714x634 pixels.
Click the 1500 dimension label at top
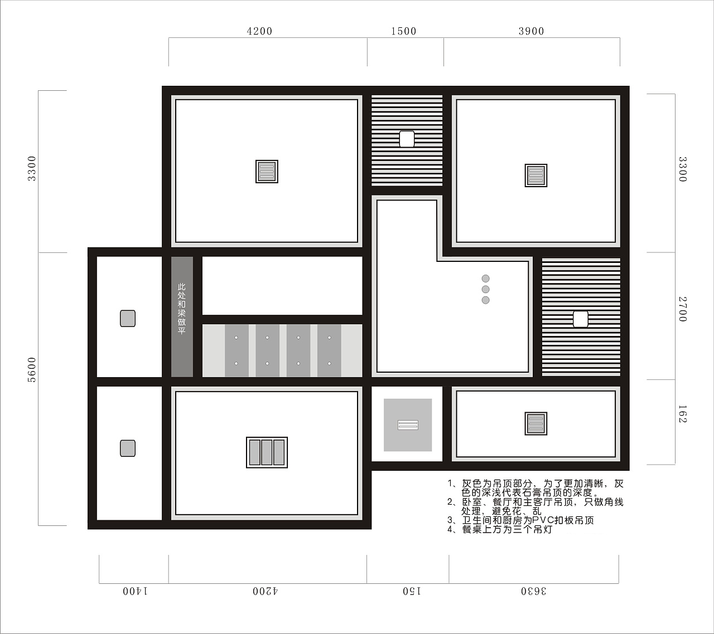click(403, 31)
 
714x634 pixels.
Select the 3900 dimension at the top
click(531, 31)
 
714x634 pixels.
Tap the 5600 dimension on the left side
click(32, 369)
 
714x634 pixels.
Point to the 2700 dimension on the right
click(683, 309)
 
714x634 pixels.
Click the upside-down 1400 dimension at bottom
click(136, 591)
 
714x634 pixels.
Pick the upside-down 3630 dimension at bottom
click(534, 591)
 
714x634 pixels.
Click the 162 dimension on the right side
click(683, 414)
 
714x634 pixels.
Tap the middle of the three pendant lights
click(486, 289)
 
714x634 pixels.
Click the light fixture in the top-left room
click(267, 172)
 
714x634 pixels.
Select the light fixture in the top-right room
click(536, 175)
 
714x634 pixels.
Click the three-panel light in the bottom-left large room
click(267, 452)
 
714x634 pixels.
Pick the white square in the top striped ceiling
click(407, 139)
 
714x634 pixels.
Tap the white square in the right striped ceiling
click(581, 319)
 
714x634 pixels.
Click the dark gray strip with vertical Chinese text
click(182, 317)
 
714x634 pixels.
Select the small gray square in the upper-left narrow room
click(128, 318)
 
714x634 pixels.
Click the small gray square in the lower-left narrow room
click(128, 448)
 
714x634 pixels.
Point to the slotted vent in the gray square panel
click(408, 425)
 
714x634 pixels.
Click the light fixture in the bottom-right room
click(536, 423)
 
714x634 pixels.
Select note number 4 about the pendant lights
click(500, 529)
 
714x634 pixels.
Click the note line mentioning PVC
click(521, 520)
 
